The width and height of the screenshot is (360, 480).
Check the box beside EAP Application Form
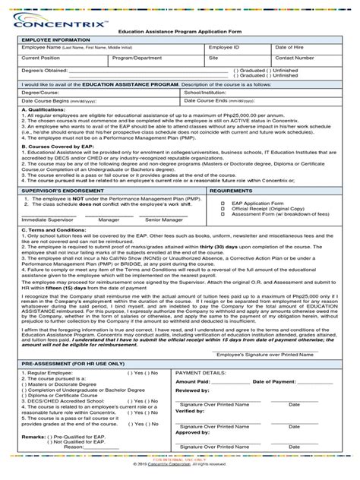(223, 204)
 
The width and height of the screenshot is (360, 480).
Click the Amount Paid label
(194, 381)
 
